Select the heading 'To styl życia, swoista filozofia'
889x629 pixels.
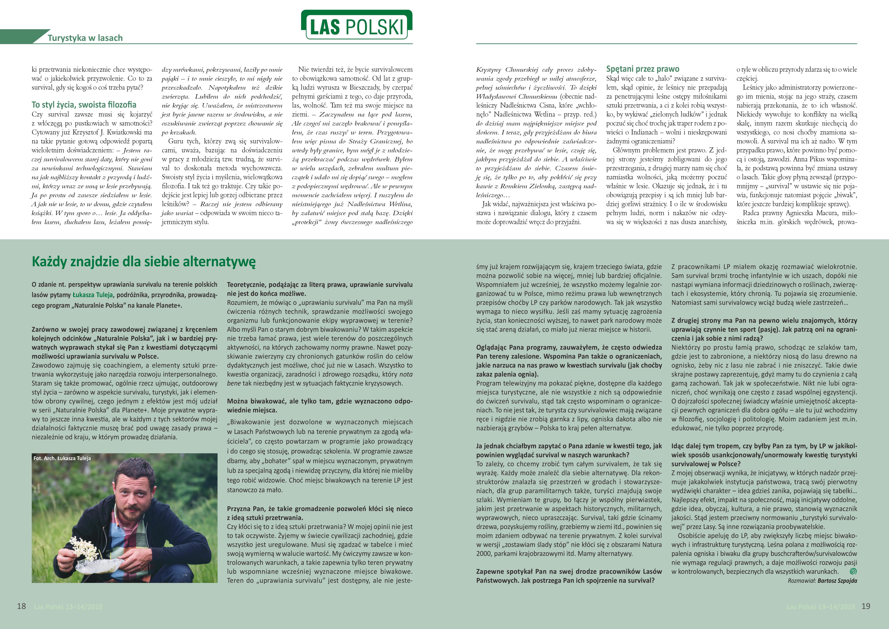(84, 105)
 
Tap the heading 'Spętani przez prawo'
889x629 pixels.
(643, 69)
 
